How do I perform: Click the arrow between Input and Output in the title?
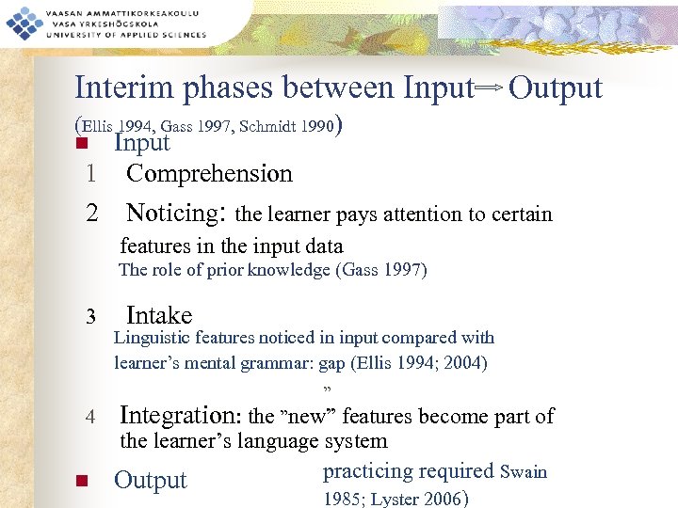point(490,88)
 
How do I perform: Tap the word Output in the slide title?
point(555,87)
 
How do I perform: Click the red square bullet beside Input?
point(81,144)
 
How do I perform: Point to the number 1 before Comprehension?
point(91,174)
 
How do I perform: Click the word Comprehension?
point(209,174)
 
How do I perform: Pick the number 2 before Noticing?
point(91,213)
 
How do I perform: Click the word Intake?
point(159,315)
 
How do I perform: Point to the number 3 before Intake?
point(91,315)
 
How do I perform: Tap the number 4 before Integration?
point(91,417)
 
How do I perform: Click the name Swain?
point(524,471)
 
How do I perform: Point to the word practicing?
point(368,471)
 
